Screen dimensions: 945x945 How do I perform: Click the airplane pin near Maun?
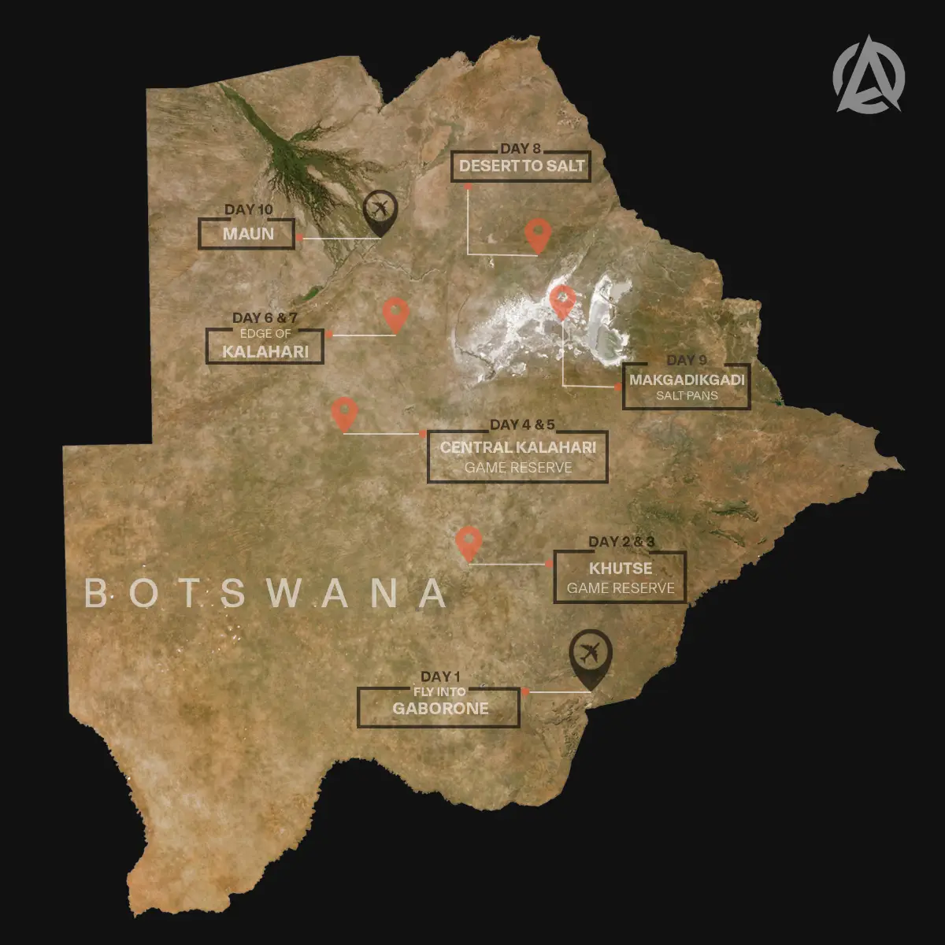(380, 211)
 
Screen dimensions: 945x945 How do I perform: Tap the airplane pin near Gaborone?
(591, 654)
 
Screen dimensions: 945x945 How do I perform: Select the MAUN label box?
(247, 234)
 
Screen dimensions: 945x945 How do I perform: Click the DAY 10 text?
(248, 209)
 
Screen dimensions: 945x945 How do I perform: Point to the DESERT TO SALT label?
(521, 166)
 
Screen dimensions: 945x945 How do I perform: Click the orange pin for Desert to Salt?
(538, 234)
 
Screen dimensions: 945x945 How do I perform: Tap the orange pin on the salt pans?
(562, 300)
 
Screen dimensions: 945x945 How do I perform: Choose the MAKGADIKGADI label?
(686, 380)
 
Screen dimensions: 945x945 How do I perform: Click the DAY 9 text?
(686, 361)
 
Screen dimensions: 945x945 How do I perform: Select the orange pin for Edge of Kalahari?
(395, 313)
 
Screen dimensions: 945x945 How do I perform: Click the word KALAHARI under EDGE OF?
(265, 351)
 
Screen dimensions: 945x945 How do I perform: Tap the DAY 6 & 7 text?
(265, 318)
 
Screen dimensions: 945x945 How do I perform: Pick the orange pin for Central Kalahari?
(344, 413)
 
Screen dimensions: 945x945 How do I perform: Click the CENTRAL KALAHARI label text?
(517, 447)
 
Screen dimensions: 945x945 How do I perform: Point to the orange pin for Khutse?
(469, 543)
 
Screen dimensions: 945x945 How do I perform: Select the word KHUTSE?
(621, 569)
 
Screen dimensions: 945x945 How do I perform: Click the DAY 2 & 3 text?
(621, 542)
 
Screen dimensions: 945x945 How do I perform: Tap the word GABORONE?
(440, 708)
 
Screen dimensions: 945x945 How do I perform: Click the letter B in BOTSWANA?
(96, 594)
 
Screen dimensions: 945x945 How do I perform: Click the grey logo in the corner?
(869, 73)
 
